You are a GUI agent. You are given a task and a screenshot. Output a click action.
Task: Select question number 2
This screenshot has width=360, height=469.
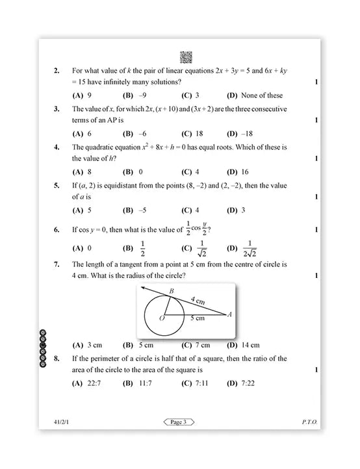pos(57,70)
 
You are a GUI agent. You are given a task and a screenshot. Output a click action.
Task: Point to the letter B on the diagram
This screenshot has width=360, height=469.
pos(171,292)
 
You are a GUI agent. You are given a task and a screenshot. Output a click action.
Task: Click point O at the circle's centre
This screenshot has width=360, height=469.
pos(162,318)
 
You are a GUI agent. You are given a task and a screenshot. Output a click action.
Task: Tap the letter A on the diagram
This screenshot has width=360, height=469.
pos(229,314)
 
